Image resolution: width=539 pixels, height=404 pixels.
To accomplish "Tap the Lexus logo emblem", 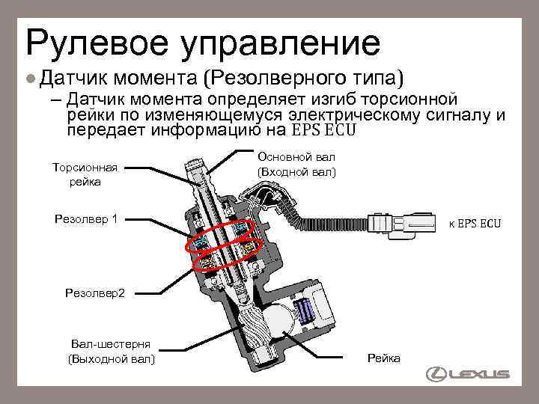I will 433,374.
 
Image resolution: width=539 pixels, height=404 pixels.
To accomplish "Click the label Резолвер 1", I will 87,219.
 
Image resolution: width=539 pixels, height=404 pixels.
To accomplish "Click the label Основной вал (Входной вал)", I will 296,165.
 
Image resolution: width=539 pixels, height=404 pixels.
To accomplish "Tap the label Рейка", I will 383,358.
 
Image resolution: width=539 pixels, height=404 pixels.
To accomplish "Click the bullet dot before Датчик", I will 30,78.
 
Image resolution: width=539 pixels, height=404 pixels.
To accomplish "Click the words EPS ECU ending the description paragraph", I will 323,130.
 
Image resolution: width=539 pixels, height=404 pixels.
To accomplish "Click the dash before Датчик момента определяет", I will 57,100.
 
